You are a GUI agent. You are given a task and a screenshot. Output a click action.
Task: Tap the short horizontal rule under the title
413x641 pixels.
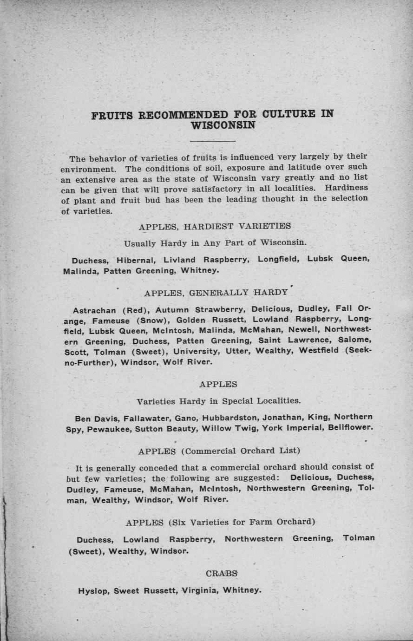point(213,140)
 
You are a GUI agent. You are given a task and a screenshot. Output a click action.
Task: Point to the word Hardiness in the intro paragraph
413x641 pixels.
point(347,188)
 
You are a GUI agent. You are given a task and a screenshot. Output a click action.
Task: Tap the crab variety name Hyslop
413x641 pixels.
point(93,591)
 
